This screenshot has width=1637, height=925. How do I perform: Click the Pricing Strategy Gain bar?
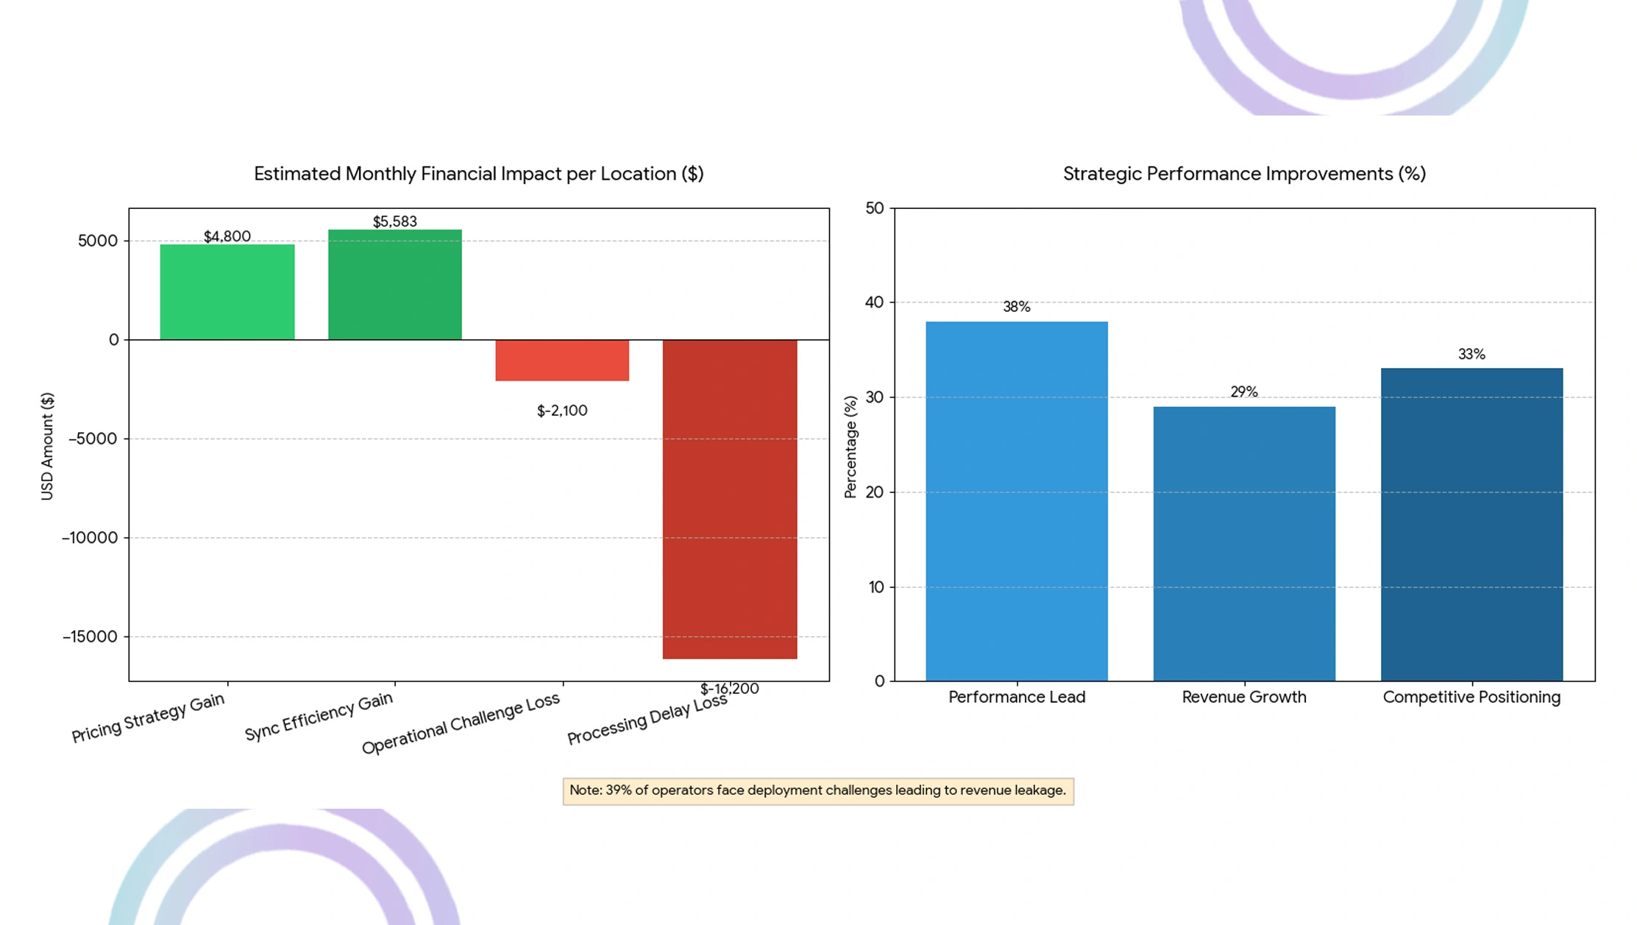coord(227,292)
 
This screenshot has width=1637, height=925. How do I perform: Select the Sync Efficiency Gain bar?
coord(394,285)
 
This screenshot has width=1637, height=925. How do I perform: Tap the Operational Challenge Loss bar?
coord(562,360)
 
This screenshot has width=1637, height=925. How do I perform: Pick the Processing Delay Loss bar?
coord(729,499)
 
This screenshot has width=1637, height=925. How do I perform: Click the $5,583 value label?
coord(394,221)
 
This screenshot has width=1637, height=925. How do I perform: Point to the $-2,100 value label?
coord(562,411)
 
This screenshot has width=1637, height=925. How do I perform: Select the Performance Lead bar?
coord(1016,500)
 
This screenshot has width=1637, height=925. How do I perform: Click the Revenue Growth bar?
coord(1243,543)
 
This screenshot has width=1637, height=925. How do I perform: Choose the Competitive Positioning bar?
coord(1471,524)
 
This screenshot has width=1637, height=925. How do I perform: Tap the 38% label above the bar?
coord(1016,307)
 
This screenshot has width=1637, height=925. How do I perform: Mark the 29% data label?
coord(1243,392)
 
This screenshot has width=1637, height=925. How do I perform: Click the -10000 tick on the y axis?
coord(90,538)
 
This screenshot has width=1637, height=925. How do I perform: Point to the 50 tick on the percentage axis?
coord(874,208)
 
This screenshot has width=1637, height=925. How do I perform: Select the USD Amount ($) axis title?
coord(47,446)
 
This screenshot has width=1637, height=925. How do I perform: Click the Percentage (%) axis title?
coord(851,447)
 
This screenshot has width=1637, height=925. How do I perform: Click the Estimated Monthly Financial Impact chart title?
coord(478,174)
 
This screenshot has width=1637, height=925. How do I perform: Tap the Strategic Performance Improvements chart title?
coord(1243,174)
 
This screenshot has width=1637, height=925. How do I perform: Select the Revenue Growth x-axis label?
coord(1243,697)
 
